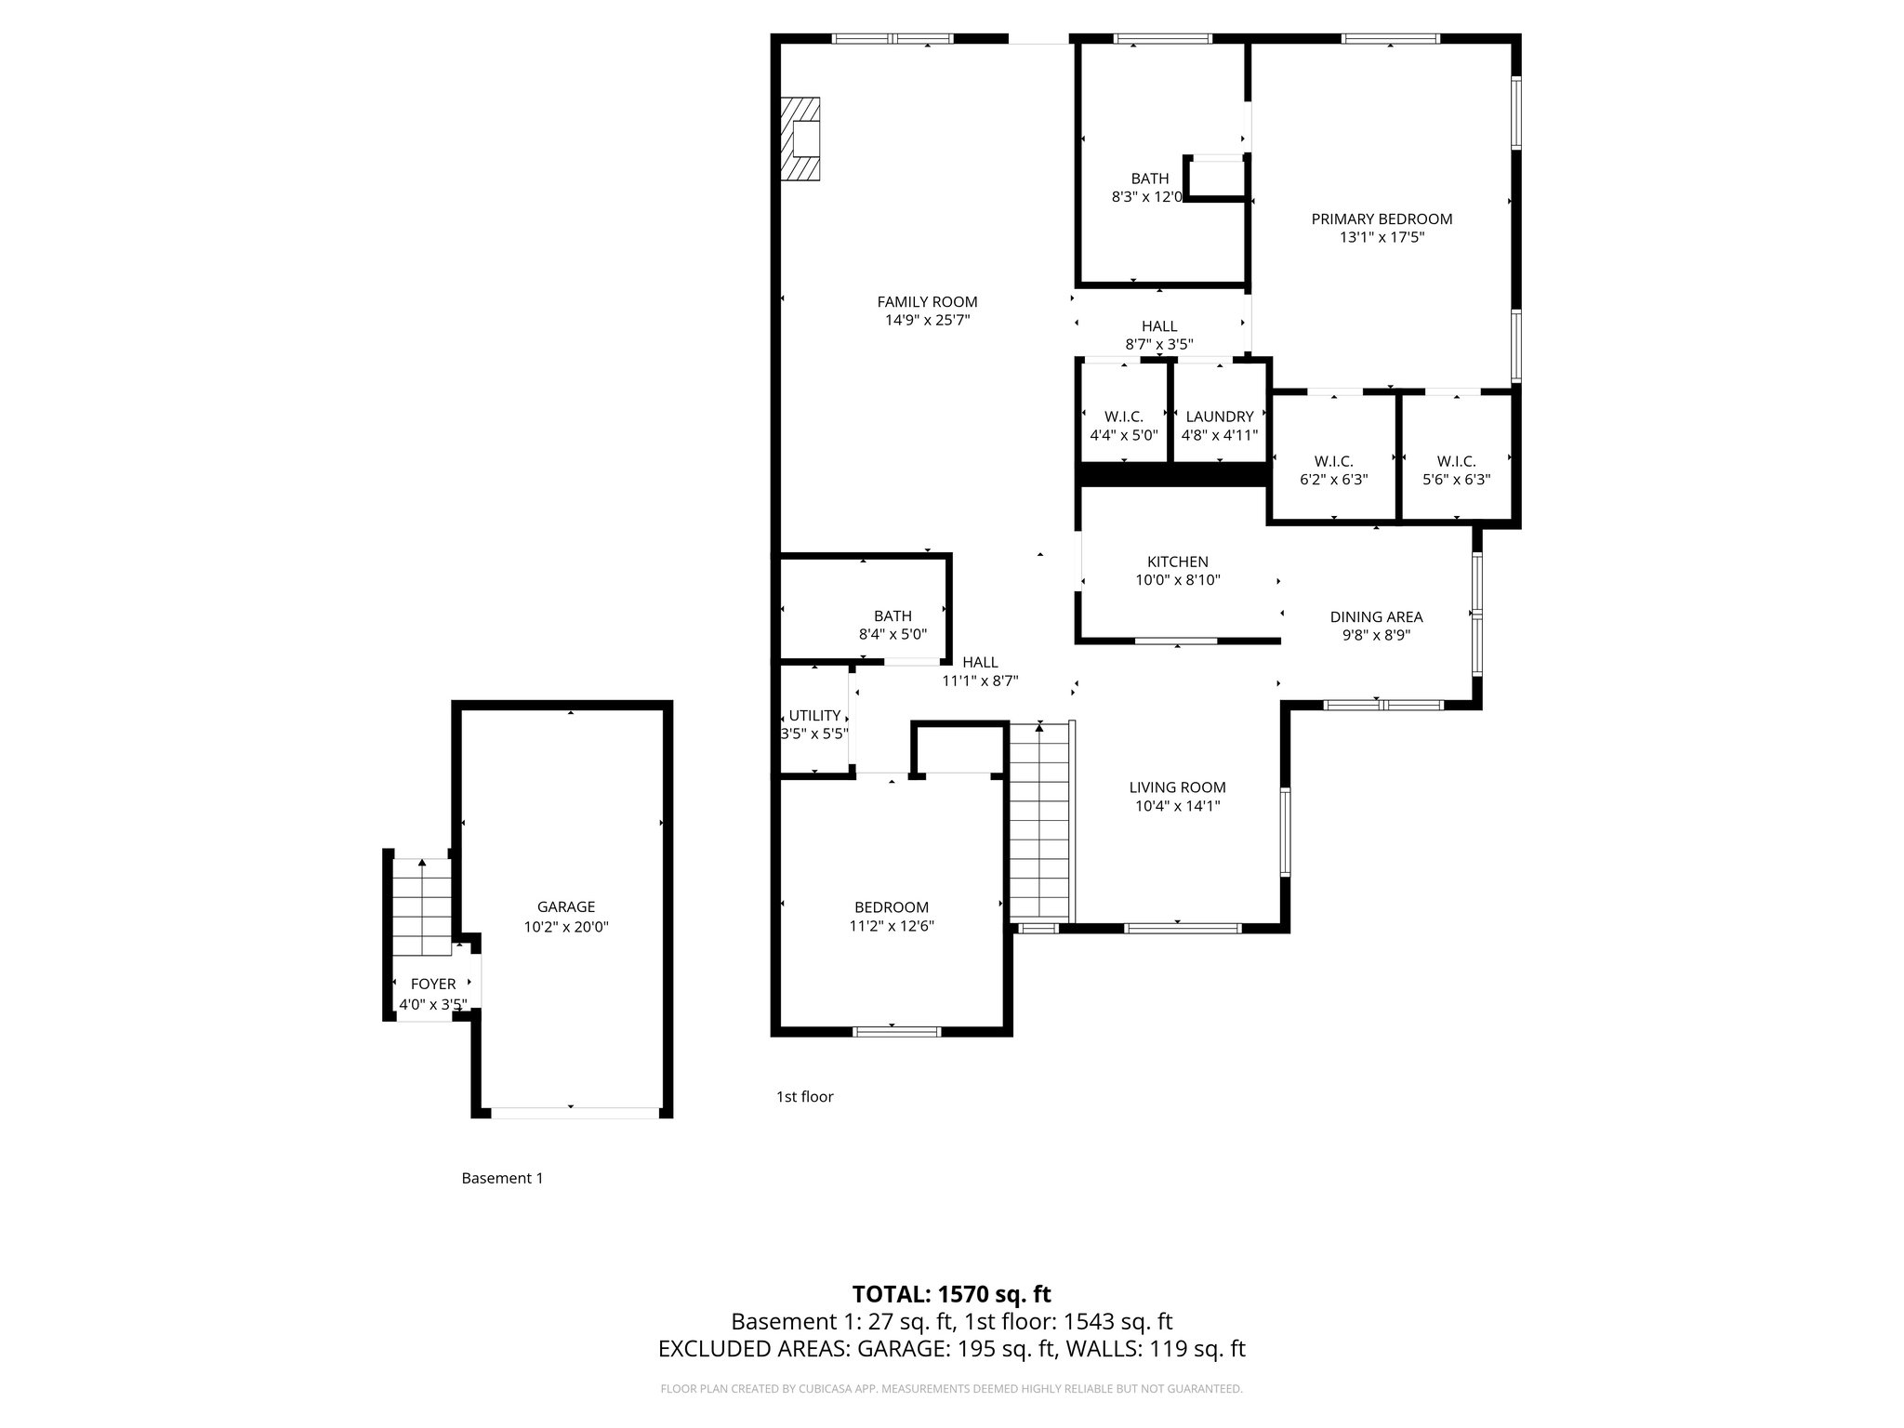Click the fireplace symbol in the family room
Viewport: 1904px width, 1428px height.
coord(800,139)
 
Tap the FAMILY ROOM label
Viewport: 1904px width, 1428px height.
coord(927,302)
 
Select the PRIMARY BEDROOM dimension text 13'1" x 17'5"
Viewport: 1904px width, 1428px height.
coord(1382,238)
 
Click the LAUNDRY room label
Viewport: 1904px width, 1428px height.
coord(1219,417)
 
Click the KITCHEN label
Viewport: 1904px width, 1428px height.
coord(1177,562)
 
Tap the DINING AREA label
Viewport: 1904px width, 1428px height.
coord(1376,617)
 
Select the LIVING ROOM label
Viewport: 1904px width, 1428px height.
coord(1177,788)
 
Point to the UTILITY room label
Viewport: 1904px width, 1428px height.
coord(814,716)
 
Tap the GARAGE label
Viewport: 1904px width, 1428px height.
coord(565,907)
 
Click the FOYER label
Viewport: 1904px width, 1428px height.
coord(433,985)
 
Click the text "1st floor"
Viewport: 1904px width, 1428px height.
coord(804,1097)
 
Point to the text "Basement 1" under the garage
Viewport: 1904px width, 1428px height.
coord(502,1179)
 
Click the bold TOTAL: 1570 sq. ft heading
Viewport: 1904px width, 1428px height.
coord(951,1294)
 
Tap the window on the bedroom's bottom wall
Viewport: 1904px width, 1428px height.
coord(897,1031)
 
